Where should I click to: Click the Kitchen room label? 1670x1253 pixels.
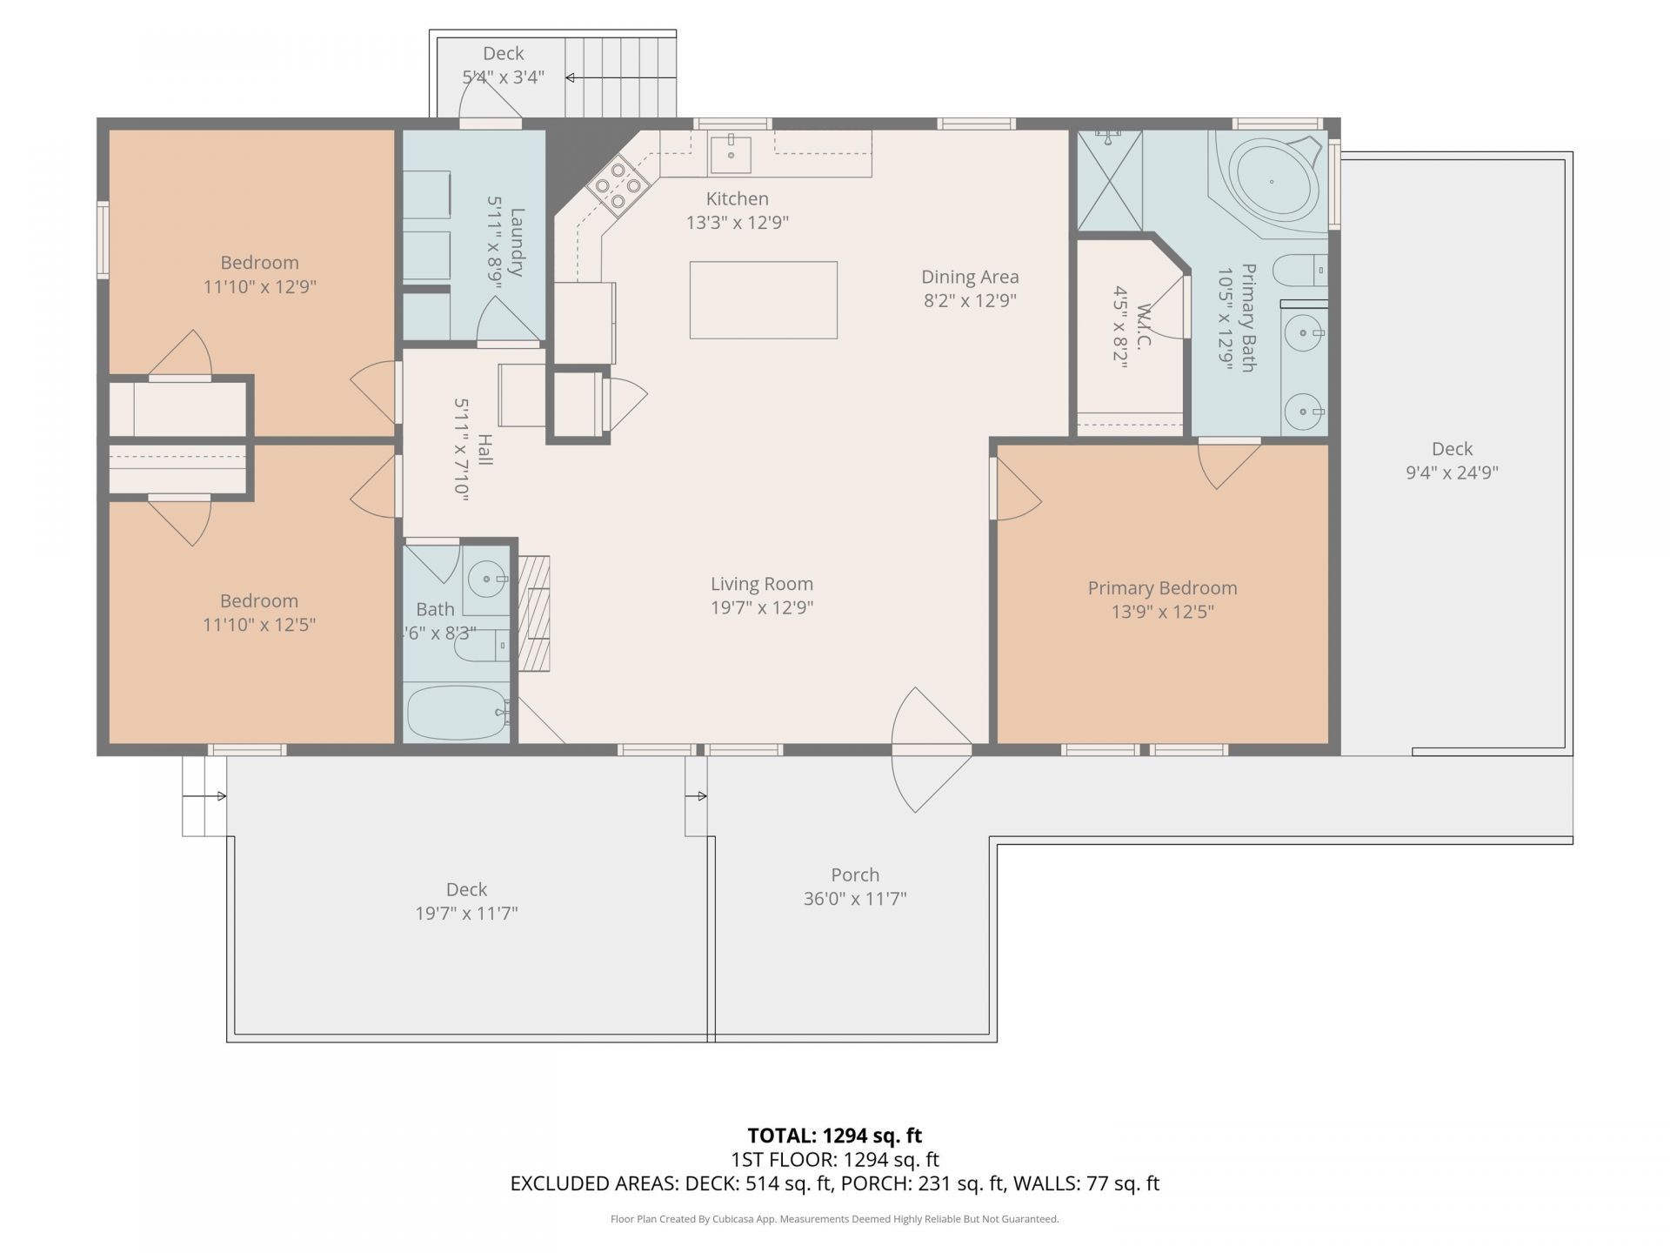[737, 199]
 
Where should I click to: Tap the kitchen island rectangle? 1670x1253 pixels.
[764, 300]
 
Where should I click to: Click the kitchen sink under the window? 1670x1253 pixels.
[731, 155]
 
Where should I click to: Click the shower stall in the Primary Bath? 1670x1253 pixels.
[1110, 181]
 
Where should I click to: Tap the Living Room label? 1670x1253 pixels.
[762, 585]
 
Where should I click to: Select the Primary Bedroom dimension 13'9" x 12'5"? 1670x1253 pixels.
[1163, 612]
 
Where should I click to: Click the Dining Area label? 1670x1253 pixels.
[970, 277]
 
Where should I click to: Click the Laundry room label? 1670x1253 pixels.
[518, 242]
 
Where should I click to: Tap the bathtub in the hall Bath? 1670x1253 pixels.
[458, 713]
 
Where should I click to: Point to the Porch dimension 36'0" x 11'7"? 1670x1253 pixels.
[855, 899]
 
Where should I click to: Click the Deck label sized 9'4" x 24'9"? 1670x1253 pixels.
[1452, 449]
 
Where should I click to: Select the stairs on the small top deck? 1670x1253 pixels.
[620, 77]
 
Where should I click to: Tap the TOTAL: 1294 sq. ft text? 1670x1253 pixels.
[835, 1136]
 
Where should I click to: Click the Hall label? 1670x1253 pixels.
[484, 450]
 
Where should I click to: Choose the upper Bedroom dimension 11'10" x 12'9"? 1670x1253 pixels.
[259, 287]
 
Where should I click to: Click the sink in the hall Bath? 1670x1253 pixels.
[485, 578]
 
